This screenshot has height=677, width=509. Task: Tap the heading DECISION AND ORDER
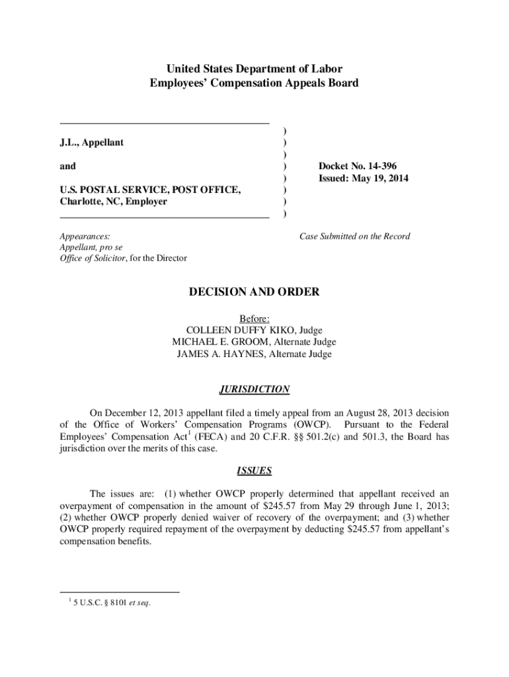[x=255, y=292]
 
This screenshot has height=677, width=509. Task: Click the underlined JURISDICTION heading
[x=255, y=389]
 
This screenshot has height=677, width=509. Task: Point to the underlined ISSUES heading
[x=255, y=471]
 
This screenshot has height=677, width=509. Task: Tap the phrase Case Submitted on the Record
[x=354, y=236]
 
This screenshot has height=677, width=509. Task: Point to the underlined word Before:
[x=255, y=318]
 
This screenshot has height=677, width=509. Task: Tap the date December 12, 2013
[x=141, y=412]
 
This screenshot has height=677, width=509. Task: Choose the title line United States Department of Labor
[x=254, y=69]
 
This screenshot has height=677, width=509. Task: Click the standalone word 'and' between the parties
[x=67, y=166]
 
